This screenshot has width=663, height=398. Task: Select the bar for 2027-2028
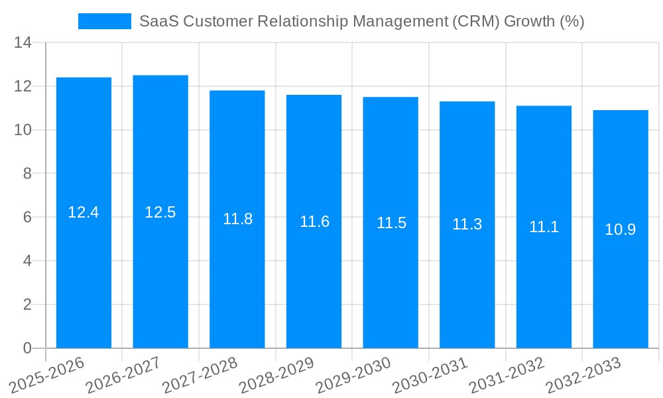(237, 265)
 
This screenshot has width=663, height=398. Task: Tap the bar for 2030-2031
(467, 279)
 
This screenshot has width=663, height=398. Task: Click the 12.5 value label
(160, 212)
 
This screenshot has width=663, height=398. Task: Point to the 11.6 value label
(314, 222)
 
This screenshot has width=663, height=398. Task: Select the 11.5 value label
(391, 223)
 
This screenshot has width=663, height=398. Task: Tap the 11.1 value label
(544, 227)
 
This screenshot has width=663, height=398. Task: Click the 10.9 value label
(621, 230)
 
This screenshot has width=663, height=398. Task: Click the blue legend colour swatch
(105, 21)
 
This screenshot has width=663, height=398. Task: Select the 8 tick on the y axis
(27, 174)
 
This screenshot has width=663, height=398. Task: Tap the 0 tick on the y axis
(27, 348)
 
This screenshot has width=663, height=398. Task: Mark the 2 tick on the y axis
(27, 304)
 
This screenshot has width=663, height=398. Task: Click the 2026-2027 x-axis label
(123, 375)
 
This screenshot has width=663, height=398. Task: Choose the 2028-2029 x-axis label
(276, 375)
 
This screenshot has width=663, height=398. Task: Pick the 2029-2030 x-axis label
(353, 375)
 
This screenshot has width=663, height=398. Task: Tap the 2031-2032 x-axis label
(507, 375)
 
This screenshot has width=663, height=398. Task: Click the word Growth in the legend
(529, 21)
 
